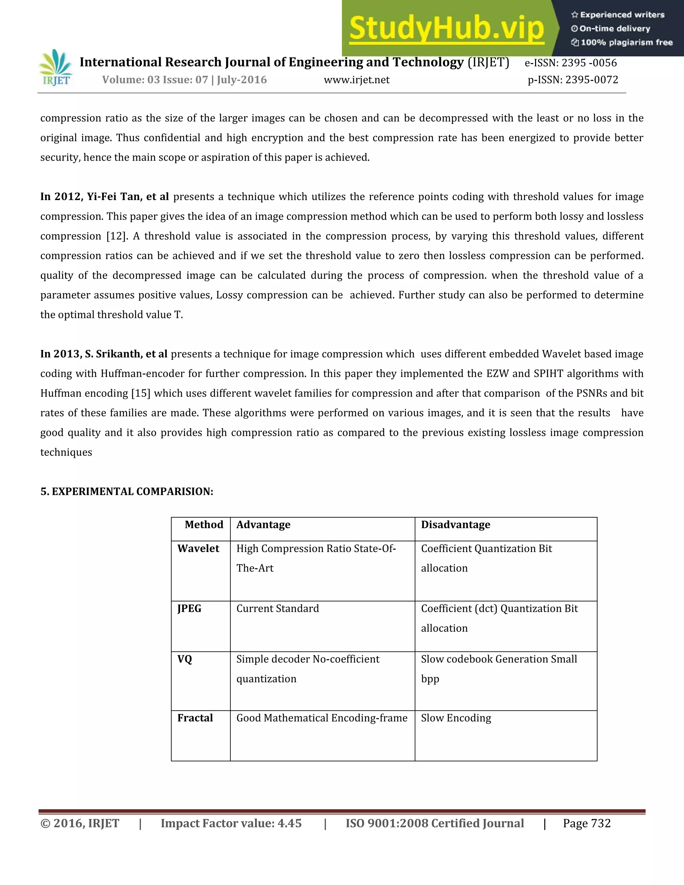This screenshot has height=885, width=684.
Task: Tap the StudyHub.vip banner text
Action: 446,28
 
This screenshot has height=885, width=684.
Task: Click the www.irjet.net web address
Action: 357,80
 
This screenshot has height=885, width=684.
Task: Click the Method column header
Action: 204,525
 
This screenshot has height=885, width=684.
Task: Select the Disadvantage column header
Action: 456,525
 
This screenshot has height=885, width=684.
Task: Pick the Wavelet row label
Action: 198,549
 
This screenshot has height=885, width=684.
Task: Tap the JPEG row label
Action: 189,608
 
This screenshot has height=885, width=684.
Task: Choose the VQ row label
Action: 185,659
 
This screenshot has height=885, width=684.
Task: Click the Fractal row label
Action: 195,718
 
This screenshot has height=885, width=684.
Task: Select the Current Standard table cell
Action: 278,608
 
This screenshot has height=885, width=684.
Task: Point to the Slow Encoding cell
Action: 456,718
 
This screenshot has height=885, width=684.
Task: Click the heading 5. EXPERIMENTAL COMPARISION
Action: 127,492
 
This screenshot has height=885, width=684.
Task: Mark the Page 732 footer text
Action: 586,824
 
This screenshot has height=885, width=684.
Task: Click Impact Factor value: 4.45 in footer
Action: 231,824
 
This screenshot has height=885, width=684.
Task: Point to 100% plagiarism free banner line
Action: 622,42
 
